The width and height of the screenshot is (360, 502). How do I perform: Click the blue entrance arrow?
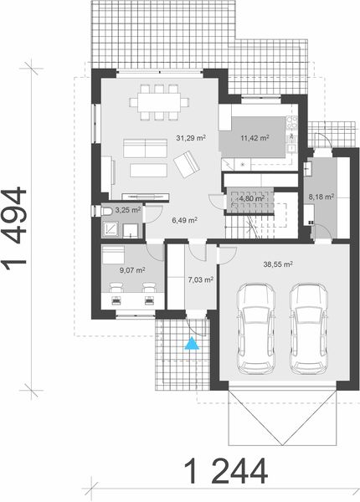click(193, 342)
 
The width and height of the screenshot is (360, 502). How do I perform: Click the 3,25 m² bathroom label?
click(127, 211)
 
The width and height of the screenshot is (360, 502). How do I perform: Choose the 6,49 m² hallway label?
click(184, 220)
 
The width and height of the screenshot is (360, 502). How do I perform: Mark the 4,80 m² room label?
click(252, 199)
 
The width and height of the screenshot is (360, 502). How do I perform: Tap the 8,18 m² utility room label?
click(321, 197)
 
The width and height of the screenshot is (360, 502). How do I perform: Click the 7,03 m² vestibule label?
click(200, 280)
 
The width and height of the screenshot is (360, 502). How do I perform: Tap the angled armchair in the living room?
click(186, 162)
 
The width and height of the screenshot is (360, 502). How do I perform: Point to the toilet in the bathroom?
click(107, 211)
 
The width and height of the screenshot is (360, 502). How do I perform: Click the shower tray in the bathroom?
click(111, 228)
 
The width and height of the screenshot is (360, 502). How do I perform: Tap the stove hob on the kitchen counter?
click(291, 125)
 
